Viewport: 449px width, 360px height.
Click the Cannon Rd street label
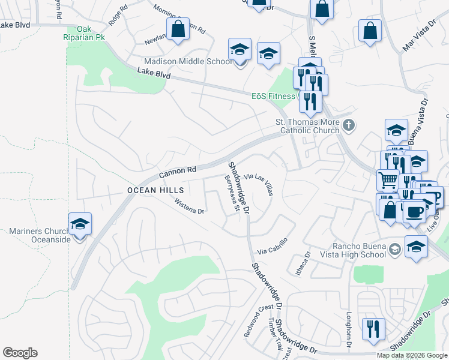(x=178, y=172)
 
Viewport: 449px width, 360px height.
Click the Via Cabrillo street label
(x=273, y=245)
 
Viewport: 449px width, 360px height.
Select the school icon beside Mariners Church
(x=79, y=224)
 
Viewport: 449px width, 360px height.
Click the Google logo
(x=20, y=353)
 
